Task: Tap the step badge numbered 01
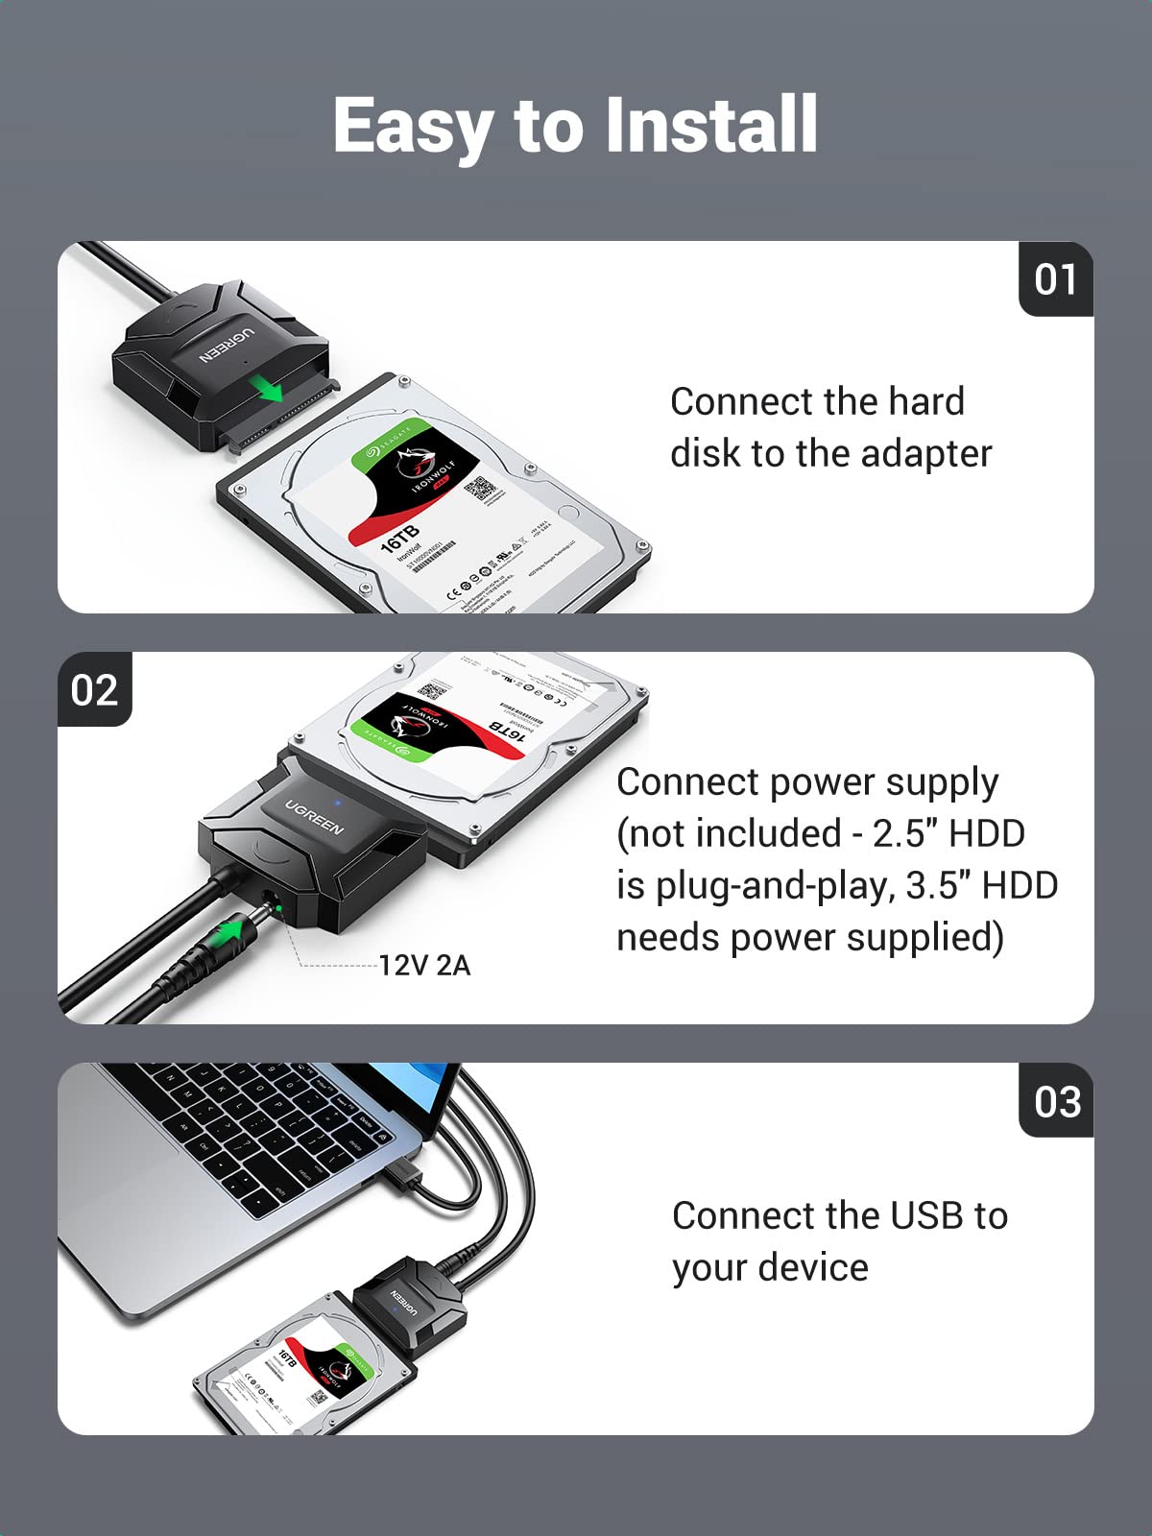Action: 1055,279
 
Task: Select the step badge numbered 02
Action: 94,690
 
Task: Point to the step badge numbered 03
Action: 1057,1101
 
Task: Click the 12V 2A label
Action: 424,965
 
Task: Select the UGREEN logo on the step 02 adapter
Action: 314,816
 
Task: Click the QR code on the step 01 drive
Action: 480,489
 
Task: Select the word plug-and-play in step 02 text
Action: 776,885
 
